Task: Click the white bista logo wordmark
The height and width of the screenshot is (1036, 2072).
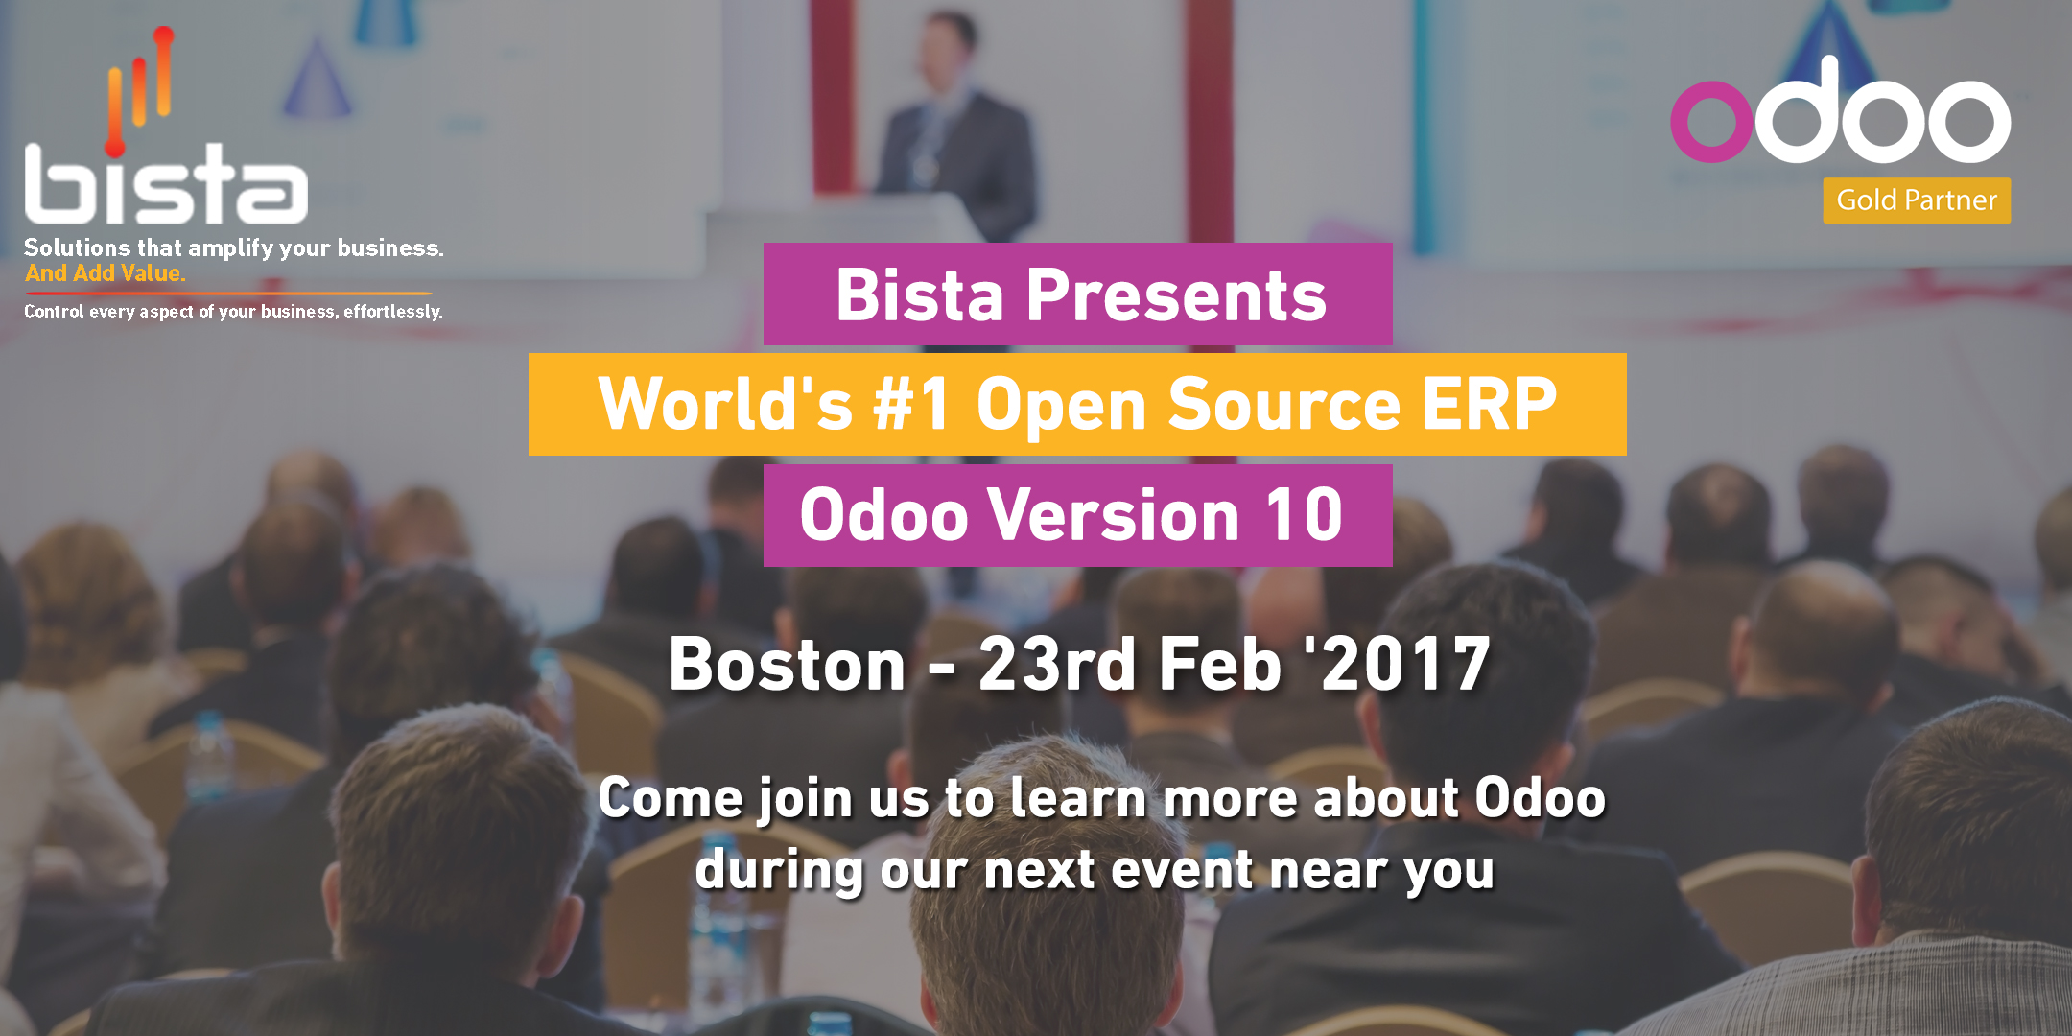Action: pyautogui.click(x=166, y=184)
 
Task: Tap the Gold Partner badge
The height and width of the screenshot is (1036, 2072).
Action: pyautogui.click(x=1917, y=200)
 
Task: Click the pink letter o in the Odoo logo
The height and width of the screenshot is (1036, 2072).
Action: pyautogui.click(x=1712, y=122)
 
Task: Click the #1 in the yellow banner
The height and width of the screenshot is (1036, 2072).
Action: pyautogui.click(x=911, y=404)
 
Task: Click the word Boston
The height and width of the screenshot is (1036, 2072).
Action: pyautogui.click(x=788, y=664)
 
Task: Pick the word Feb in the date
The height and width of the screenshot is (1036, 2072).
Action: pyautogui.click(x=1220, y=664)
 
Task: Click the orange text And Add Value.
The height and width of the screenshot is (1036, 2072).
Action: pyautogui.click(x=106, y=273)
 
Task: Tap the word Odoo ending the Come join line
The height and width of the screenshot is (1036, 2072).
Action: pyautogui.click(x=1540, y=798)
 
